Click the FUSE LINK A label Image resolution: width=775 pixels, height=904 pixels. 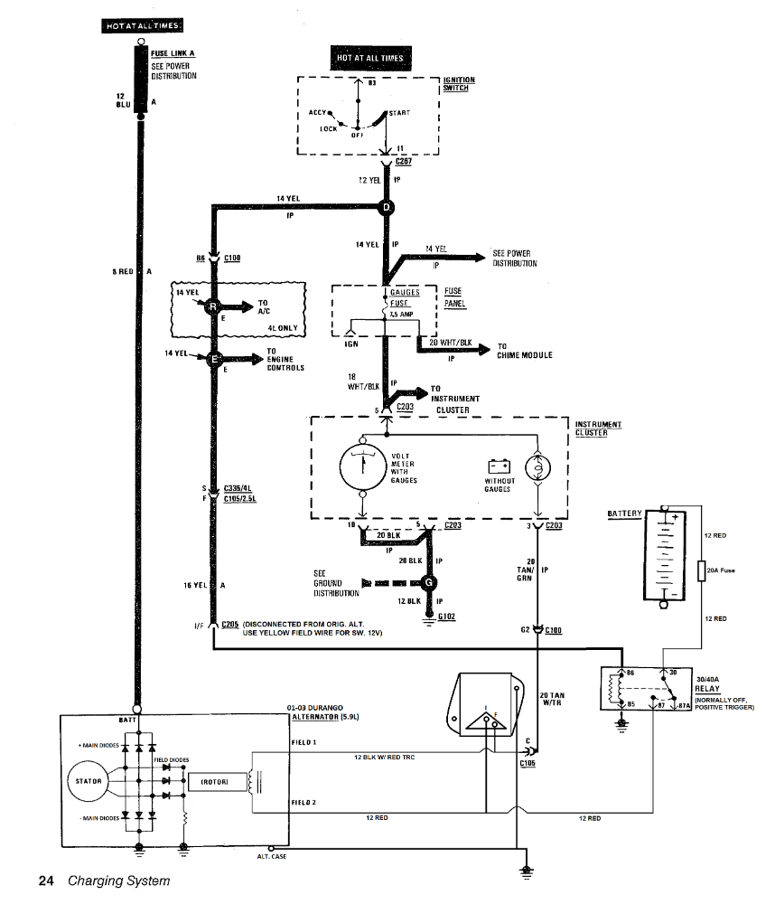click(x=173, y=53)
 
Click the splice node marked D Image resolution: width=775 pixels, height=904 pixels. click(x=387, y=208)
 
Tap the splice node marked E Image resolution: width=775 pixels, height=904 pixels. click(x=215, y=360)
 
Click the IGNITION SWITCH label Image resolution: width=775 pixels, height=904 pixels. click(x=459, y=84)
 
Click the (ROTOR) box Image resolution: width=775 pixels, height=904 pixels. click(x=213, y=781)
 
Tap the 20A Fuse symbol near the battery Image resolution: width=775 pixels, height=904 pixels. click(x=702, y=570)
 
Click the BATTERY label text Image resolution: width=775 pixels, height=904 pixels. click(x=624, y=513)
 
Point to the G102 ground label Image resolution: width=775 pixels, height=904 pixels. click(x=446, y=617)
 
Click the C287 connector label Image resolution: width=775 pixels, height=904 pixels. click(x=403, y=161)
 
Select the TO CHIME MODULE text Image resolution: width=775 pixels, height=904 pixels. click(x=524, y=351)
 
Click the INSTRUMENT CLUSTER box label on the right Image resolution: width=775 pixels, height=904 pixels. click(x=598, y=428)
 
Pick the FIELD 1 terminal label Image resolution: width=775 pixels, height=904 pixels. click(x=303, y=741)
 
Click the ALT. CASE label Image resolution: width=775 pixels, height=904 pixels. click(x=272, y=856)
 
